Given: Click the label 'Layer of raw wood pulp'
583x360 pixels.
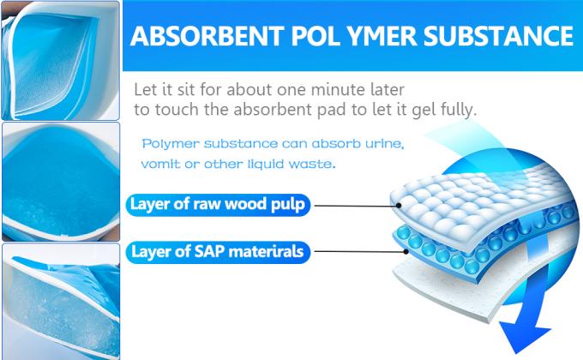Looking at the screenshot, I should (x=218, y=205).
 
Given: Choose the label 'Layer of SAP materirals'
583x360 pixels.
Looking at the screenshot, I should (x=219, y=252).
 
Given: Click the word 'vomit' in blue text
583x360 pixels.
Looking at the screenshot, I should (x=160, y=163).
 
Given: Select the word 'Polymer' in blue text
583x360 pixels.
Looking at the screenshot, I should (x=171, y=142).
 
